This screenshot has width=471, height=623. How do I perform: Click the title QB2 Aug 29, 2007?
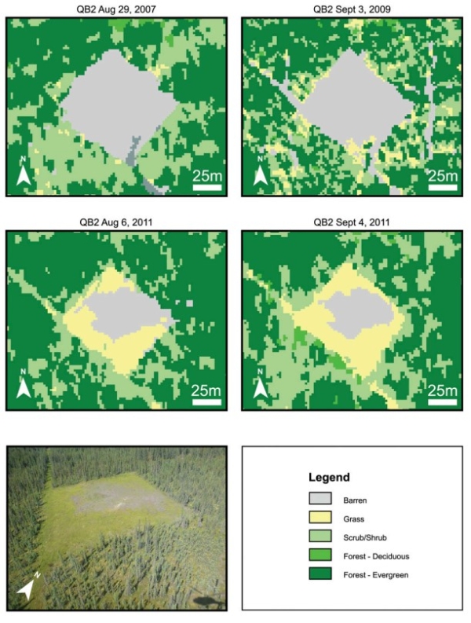click(x=118, y=8)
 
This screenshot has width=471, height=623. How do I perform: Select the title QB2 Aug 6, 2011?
click(x=118, y=222)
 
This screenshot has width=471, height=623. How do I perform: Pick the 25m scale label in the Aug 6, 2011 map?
click(x=206, y=390)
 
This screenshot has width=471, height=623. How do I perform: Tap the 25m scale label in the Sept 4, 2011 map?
click(x=442, y=390)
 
